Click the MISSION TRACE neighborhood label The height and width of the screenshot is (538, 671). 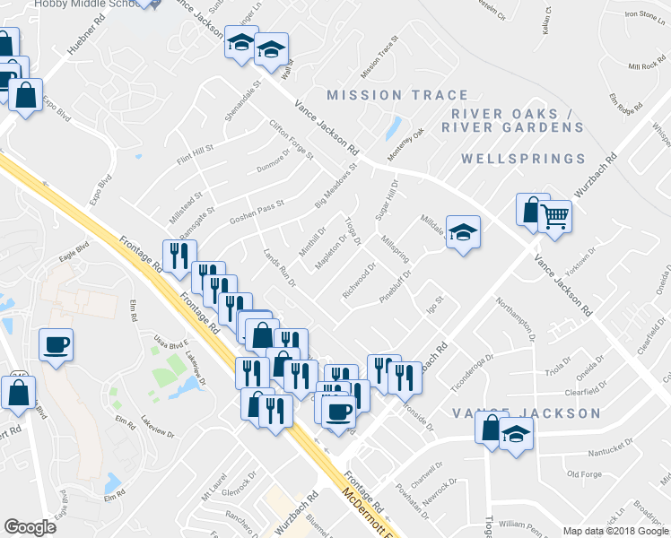click(x=397, y=95)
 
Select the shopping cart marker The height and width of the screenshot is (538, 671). click(x=555, y=215)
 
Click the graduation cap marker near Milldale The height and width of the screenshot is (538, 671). click(x=462, y=232)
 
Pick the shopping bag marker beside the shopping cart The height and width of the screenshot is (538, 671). click(x=532, y=210)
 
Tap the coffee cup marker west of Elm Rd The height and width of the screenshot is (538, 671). click(x=56, y=345)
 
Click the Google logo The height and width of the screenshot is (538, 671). click(x=30, y=527)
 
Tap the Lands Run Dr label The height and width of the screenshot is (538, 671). click(x=278, y=268)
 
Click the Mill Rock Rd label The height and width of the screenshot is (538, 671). click(x=645, y=67)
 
